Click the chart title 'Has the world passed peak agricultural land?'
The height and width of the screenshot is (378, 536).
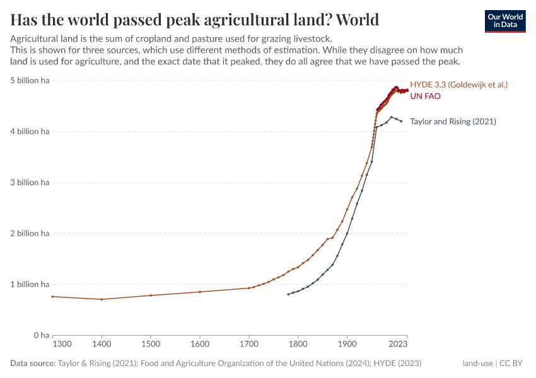[195, 20]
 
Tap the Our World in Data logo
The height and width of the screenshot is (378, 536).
[504, 21]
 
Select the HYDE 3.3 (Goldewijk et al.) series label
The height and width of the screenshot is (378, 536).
[458, 84]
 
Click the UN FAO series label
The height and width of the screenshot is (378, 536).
[425, 96]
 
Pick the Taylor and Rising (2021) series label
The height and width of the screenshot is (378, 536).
[453, 122]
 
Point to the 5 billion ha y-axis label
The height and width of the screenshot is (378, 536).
[29, 81]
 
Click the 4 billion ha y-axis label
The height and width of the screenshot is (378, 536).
[29, 132]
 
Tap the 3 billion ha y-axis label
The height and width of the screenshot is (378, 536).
[29, 183]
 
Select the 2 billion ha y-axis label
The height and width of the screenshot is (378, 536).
[29, 234]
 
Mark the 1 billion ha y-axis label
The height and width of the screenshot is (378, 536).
[29, 285]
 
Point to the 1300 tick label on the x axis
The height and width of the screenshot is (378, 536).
[61, 345]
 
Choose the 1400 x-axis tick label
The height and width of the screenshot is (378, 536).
[102, 345]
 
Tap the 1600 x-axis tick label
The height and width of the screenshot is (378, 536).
[200, 345]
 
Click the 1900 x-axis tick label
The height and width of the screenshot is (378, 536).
[347, 345]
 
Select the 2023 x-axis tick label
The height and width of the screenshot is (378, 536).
[398, 345]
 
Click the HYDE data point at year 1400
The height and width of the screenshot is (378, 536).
[102, 299]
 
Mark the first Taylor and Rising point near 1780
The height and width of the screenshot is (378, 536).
[288, 294]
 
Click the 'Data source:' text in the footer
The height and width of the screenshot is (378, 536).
[33, 364]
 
